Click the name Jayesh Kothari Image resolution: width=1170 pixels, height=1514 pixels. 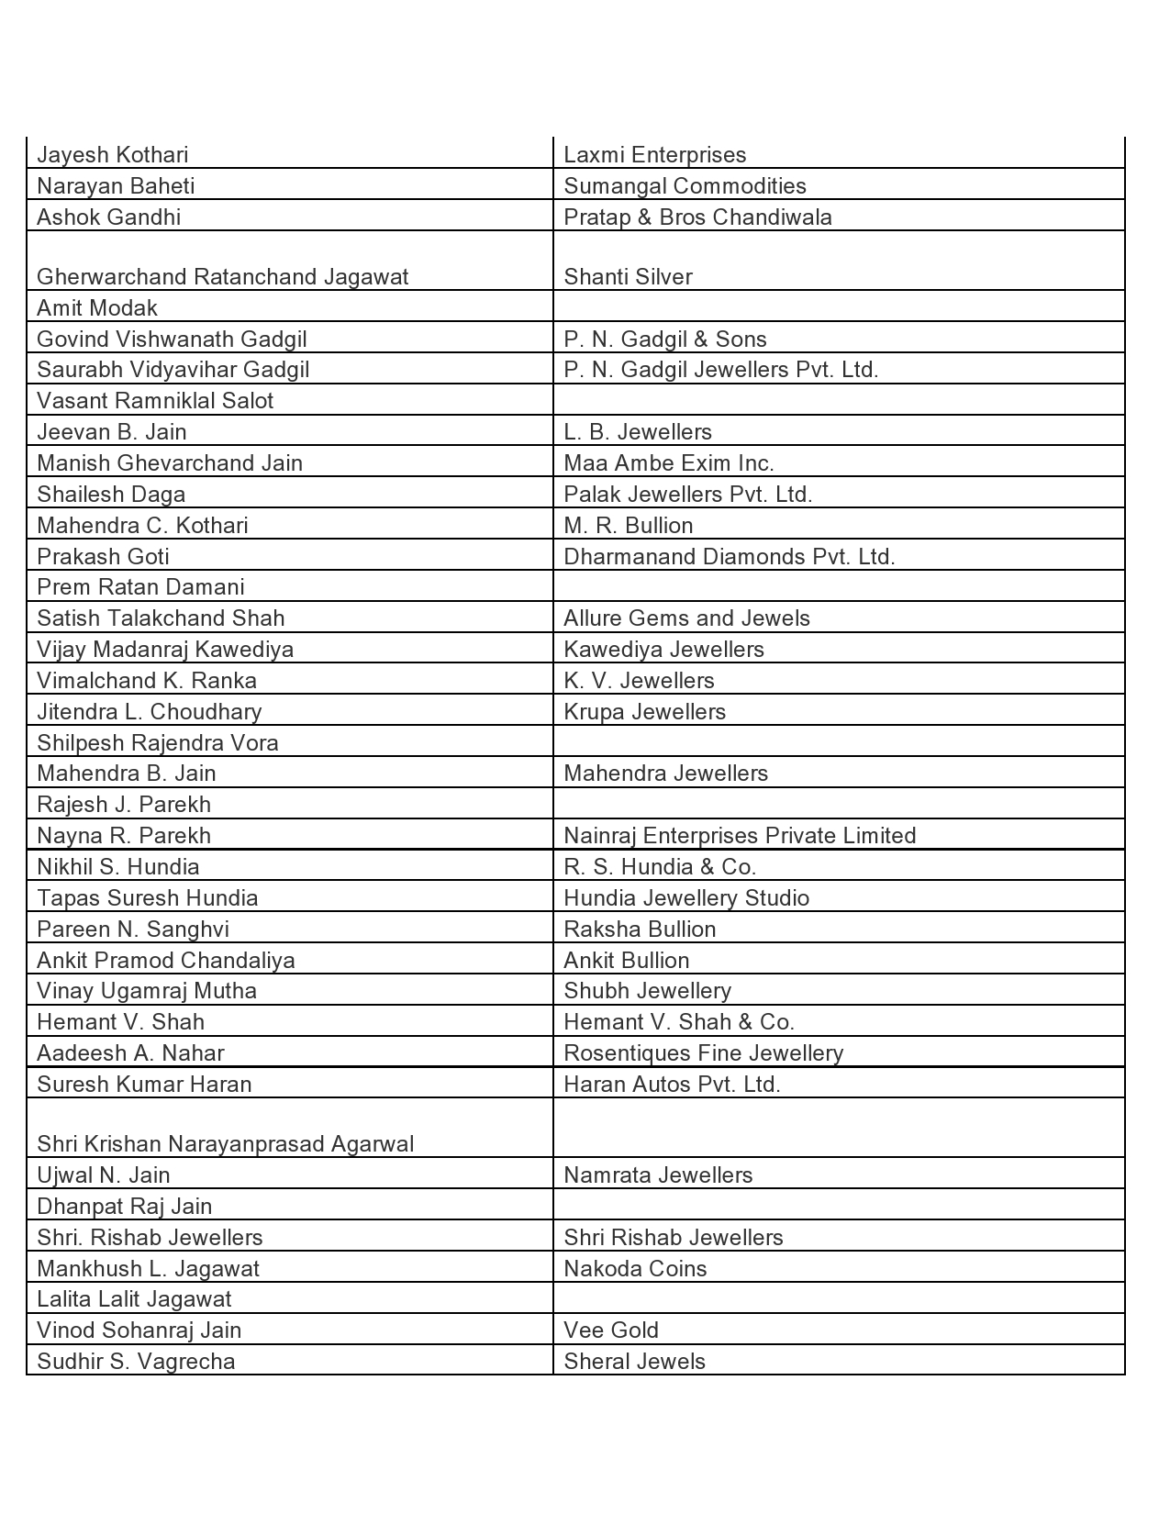pyautogui.click(x=113, y=155)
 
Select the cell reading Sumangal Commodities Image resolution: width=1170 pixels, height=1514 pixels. pyautogui.click(x=685, y=186)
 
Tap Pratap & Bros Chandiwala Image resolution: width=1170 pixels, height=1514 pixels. pyautogui.click(x=697, y=217)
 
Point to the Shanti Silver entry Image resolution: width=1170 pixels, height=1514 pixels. pyautogui.click(x=628, y=277)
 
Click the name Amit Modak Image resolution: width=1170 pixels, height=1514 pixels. pyautogui.click(x=97, y=308)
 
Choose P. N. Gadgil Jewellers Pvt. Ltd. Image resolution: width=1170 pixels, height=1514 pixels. pyautogui.click(x=720, y=370)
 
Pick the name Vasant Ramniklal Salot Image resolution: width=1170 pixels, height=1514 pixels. pyautogui.click(x=155, y=401)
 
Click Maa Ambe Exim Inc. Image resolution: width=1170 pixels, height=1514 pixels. pyautogui.click(x=668, y=463)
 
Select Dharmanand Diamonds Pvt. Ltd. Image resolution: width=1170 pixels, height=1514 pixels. pyautogui.click(x=729, y=557)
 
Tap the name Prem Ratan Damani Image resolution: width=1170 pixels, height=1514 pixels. pyautogui.click(x=140, y=587)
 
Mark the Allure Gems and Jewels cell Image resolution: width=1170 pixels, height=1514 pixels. pyautogui.click(x=686, y=618)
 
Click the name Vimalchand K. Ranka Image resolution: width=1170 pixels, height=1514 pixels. pyautogui.click(x=147, y=681)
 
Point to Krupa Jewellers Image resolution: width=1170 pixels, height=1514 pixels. pyautogui.click(x=644, y=712)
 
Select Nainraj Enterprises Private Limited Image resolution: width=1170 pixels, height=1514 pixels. pyautogui.click(x=740, y=836)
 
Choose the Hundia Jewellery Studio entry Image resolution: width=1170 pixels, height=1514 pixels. pyautogui.click(x=686, y=898)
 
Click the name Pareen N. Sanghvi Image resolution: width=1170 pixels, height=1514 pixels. pyautogui.click(x=133, y=930)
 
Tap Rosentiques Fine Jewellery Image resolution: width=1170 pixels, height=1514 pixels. pyautogui.click(x=703, y=1053)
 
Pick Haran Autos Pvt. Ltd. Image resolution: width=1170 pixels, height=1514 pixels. pyautogui.click(x=672, y=1085)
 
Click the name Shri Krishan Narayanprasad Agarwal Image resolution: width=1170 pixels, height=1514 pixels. pyautogui.click(x=225, y=1144)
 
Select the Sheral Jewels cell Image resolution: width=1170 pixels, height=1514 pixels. pyautogui.click(x=634, y=1362)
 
